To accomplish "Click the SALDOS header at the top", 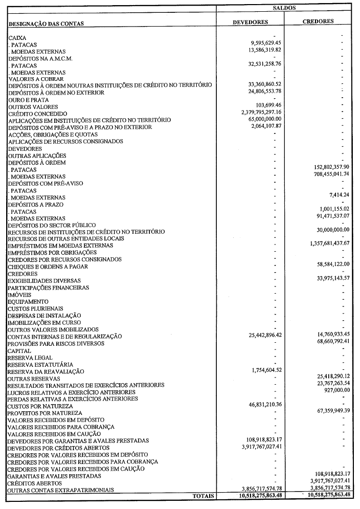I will coord(288,8).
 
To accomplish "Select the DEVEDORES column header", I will coord(250,23).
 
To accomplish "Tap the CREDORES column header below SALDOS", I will coord(318,21).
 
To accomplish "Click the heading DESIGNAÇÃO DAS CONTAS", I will coord(46,24).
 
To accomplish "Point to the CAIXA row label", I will coord(17,38).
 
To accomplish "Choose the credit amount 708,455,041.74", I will coord(324,174).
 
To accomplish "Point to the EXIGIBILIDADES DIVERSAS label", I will coord(44,281).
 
